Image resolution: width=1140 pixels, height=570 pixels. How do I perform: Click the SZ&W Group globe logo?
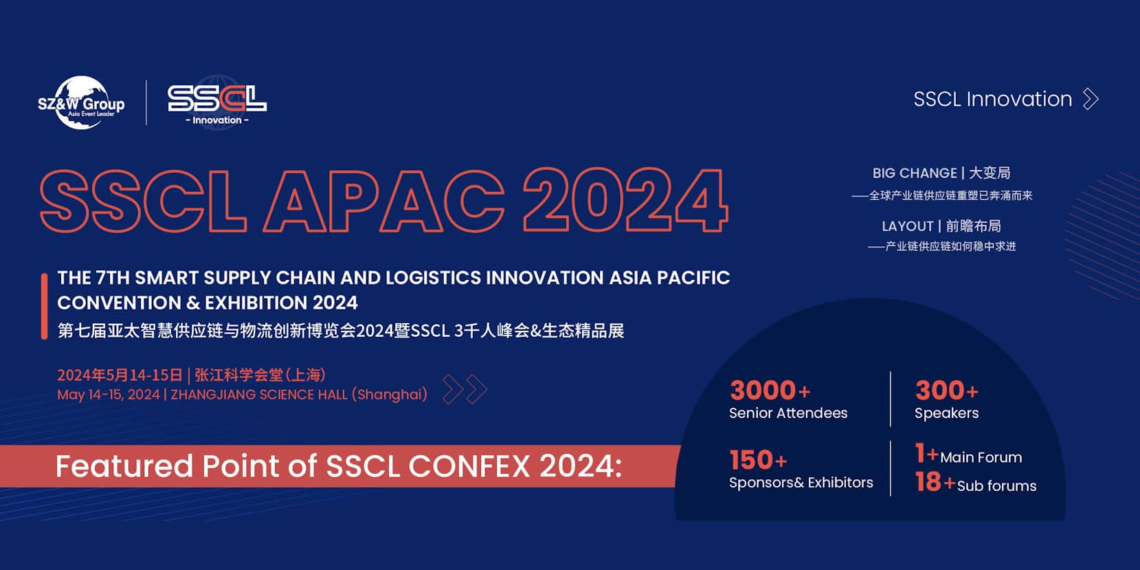tap(81, 103)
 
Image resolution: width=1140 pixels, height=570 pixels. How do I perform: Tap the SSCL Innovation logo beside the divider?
tap(217, 104)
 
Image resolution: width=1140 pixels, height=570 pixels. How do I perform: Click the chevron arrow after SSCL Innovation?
tap(1091, 99)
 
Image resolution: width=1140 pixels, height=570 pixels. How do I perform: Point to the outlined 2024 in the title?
tap(625, 200)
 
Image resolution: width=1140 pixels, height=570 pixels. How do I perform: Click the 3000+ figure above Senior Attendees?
tap(770, 391)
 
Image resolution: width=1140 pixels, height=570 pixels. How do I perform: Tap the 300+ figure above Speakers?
tap(947, 391)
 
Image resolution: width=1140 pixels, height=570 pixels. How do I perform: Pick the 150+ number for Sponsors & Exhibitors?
tap(759, 460)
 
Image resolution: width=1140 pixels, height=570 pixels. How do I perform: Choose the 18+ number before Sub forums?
tap(935, 481)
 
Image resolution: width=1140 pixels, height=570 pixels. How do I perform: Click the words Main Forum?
tap(981, 457)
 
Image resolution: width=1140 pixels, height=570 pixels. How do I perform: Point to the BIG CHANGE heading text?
tap(915, 173)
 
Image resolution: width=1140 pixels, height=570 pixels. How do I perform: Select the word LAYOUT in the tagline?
tap(908, 226)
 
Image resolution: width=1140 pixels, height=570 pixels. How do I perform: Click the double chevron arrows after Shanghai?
tap(465, 390)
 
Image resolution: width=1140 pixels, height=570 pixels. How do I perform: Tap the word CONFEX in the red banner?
tap(469, 465)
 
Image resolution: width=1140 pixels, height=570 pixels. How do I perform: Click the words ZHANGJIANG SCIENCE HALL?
tap(259, 395)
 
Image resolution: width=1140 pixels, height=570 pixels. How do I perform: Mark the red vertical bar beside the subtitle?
tap(44, 306)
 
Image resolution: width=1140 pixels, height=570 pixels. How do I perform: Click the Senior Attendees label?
tap(788, 413)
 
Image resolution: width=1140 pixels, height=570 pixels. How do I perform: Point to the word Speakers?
tap(947, 414)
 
